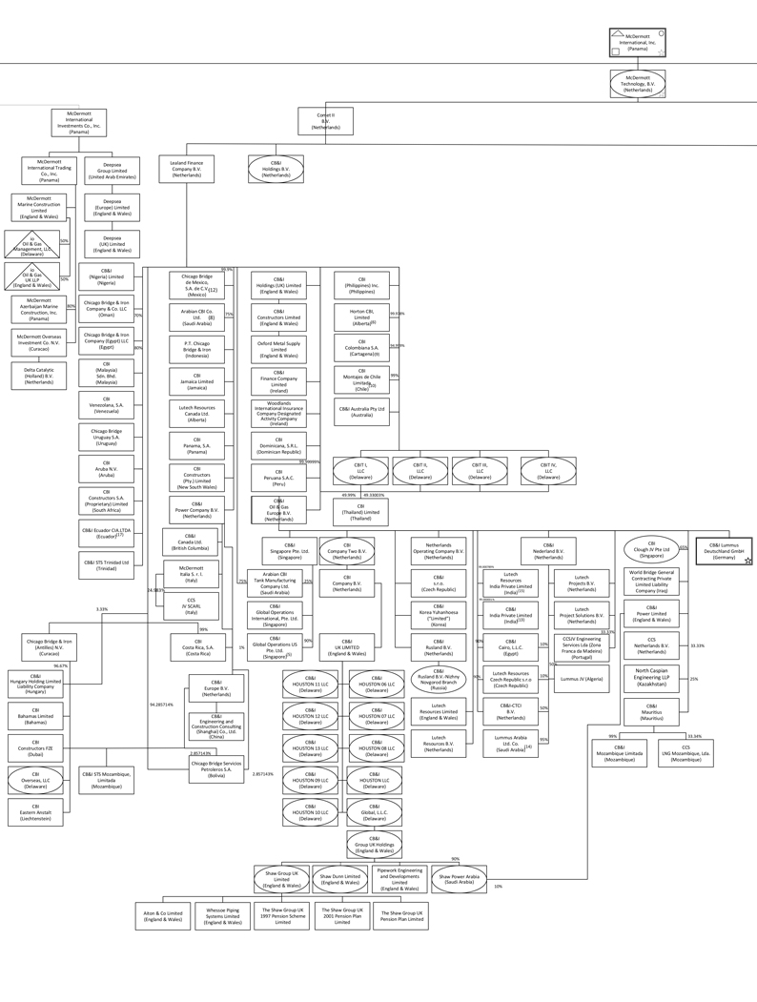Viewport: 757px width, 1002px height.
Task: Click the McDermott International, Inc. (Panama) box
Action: click(637, 43)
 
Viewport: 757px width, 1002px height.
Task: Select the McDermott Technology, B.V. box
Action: click(637, 84)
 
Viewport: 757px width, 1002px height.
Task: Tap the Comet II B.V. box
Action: click(325, 121)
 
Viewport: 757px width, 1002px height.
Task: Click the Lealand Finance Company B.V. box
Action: click(187, 169)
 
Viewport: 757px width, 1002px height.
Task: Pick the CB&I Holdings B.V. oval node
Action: click(276, 169)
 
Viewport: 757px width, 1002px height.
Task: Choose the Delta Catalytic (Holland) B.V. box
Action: click(39, 375)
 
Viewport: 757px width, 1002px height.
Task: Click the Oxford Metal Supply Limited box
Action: click(278, 348)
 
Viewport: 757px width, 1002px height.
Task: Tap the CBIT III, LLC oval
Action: click(479, 470)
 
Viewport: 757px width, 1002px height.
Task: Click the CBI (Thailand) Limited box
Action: click(361, 513)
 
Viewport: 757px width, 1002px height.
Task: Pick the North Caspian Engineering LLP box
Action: click(651, 678)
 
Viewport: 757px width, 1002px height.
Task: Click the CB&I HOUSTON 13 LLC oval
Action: click(310, 748)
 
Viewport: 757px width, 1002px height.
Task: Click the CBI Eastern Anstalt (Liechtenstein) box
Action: click(35, 811)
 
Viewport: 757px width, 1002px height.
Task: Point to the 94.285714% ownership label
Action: click(162, 704)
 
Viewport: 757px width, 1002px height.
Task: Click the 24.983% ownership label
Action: click(155, 590)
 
